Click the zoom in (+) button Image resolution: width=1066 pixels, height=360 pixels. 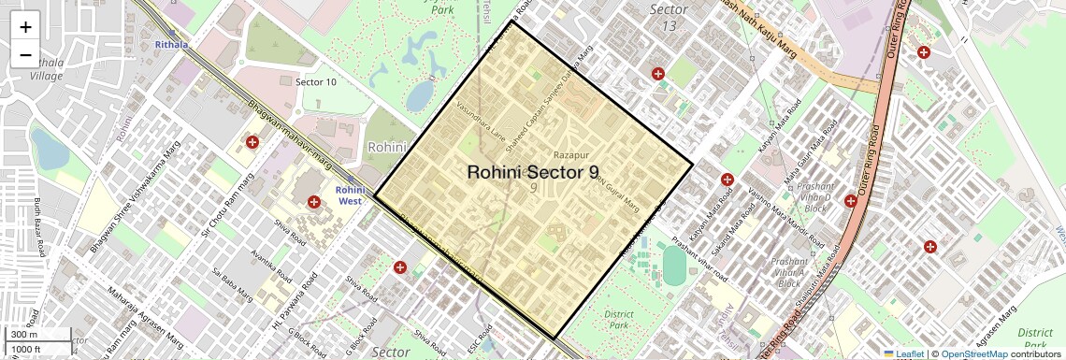[25, 26]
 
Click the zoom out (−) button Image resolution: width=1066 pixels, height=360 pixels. [25, 54]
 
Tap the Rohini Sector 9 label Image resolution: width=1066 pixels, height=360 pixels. [533, 172]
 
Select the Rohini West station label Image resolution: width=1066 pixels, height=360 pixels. [351, 195]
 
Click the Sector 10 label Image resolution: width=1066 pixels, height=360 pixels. [316, 82]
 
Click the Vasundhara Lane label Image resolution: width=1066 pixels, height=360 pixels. [481, 121]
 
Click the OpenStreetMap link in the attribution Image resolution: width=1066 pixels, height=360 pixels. [974, 354]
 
